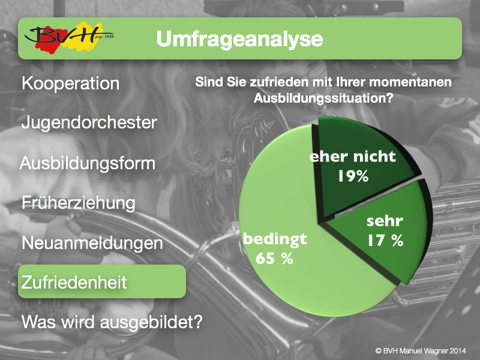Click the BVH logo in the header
pos(69,38)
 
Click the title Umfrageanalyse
pos(239,39)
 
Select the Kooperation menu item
pos(70,83)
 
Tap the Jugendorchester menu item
pos(89,122)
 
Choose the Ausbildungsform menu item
pos(88,163)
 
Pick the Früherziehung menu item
pos(79,203)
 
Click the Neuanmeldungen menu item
pos(92,244)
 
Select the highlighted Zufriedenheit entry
pos(102,281)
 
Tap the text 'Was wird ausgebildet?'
pos(112,322)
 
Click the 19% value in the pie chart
pos(353,176)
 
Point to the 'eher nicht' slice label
pos(353,157)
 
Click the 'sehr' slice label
pos(385,221)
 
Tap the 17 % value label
pos(385,241)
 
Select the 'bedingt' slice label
pos(275,239)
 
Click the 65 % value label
pos(274,259)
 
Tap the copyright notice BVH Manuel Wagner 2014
pos(421,351)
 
